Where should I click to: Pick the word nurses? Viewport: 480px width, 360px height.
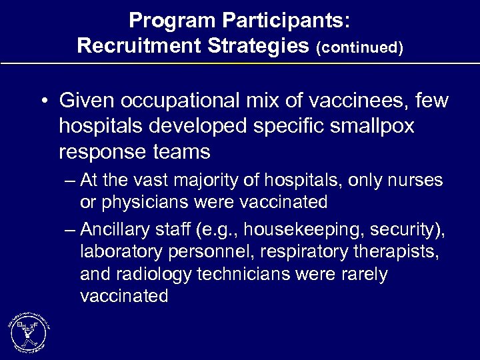coord(419,181)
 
